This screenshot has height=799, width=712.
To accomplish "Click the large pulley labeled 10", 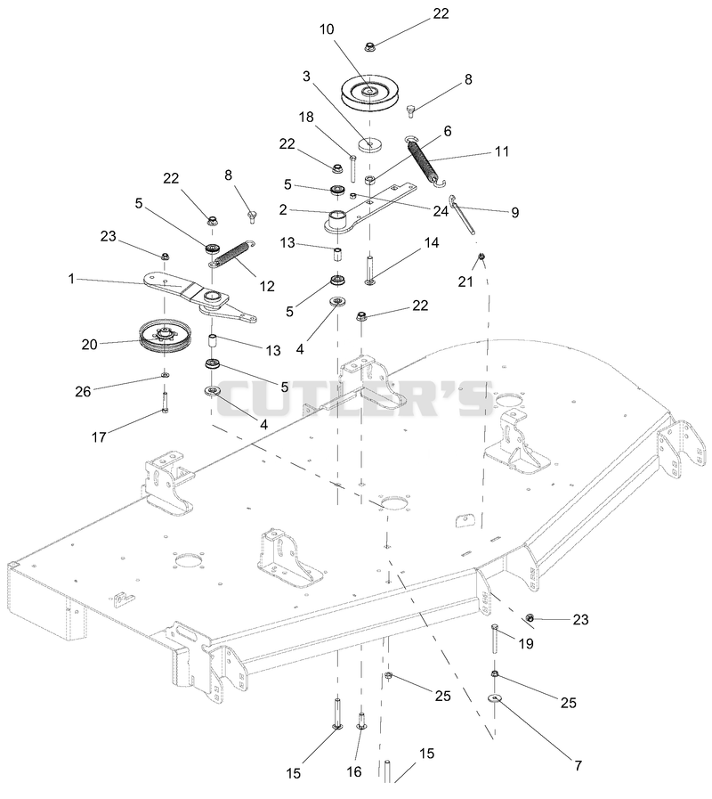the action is (x=369, y=93).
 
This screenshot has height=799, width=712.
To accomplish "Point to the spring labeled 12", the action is (x=231, y=253).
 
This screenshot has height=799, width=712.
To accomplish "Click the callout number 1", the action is (x=71, y=279).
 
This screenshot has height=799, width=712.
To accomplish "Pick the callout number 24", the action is (x=441, y=210).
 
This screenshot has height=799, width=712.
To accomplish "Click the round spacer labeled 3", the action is (x=370, y=144).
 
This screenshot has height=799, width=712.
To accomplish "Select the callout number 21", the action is (x=465, y=281).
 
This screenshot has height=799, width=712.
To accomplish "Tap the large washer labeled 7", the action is (x=494, y=698).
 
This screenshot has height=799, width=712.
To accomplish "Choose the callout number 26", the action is (x=83, y=391).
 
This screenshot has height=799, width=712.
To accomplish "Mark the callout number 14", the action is (x=432, y=242).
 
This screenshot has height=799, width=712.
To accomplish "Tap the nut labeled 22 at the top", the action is (x=370, y=47).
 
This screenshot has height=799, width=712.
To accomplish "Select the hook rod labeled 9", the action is (x=464, y=214).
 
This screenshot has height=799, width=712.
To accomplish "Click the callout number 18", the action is (x=306, y=117).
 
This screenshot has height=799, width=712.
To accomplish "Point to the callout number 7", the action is (x=578, y=765).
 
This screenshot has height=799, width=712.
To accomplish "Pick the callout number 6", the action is (x=448, y=131).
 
